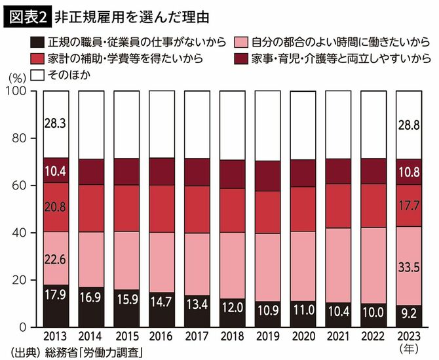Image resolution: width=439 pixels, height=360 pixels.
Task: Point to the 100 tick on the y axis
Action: pyautogui.click(x=18, y=91)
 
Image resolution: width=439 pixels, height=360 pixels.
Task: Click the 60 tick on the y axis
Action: pyautogui.click(x=21, y=186)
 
